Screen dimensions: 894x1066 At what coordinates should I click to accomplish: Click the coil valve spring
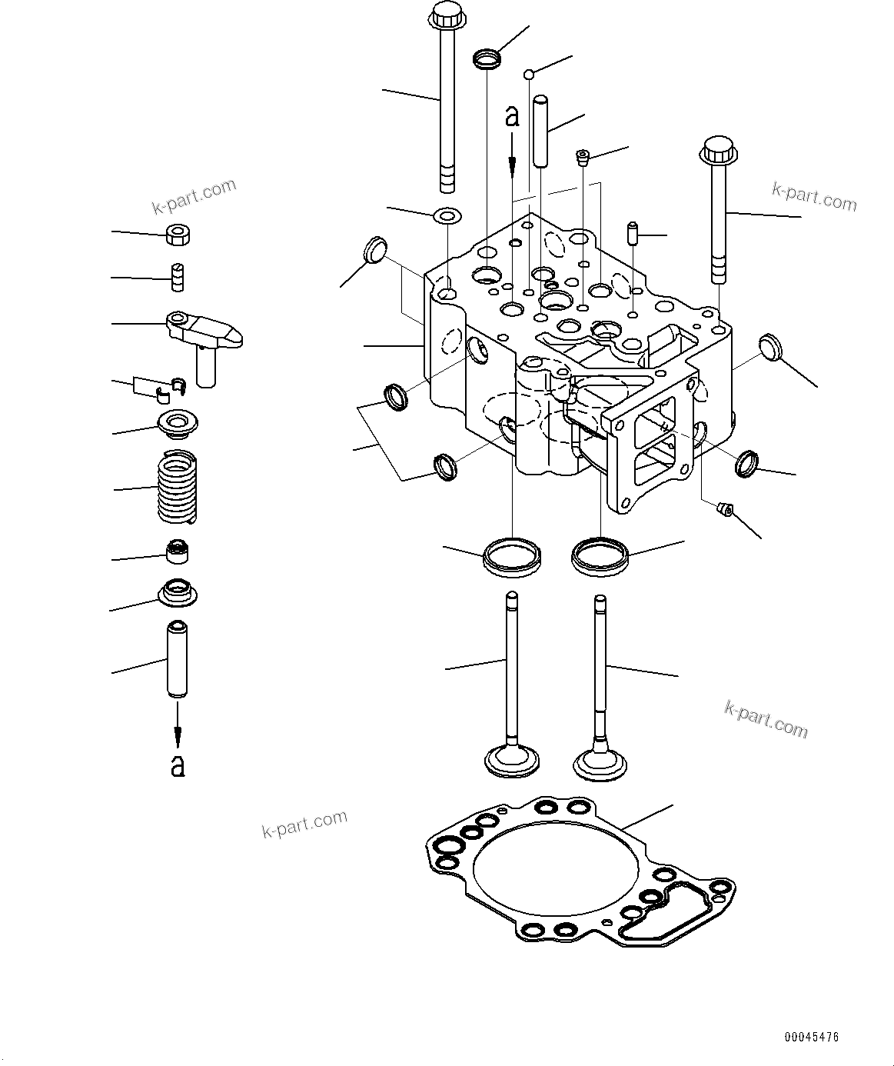177,487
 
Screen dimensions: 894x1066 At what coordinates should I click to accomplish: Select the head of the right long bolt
719,148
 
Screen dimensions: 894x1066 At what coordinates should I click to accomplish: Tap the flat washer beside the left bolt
447,215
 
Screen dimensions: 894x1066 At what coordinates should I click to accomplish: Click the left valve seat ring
512,557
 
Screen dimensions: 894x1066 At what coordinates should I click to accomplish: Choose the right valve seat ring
600,557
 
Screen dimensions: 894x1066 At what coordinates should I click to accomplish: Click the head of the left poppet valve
512,764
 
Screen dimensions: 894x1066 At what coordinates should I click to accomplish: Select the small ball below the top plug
529,75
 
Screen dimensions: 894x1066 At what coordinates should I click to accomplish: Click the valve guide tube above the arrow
178,659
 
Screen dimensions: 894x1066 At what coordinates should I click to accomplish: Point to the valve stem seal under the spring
178,551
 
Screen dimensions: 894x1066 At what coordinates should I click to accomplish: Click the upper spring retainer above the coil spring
178,423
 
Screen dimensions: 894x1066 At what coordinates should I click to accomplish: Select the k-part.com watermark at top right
814,197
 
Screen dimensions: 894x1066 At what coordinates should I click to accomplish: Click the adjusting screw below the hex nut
177,277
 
